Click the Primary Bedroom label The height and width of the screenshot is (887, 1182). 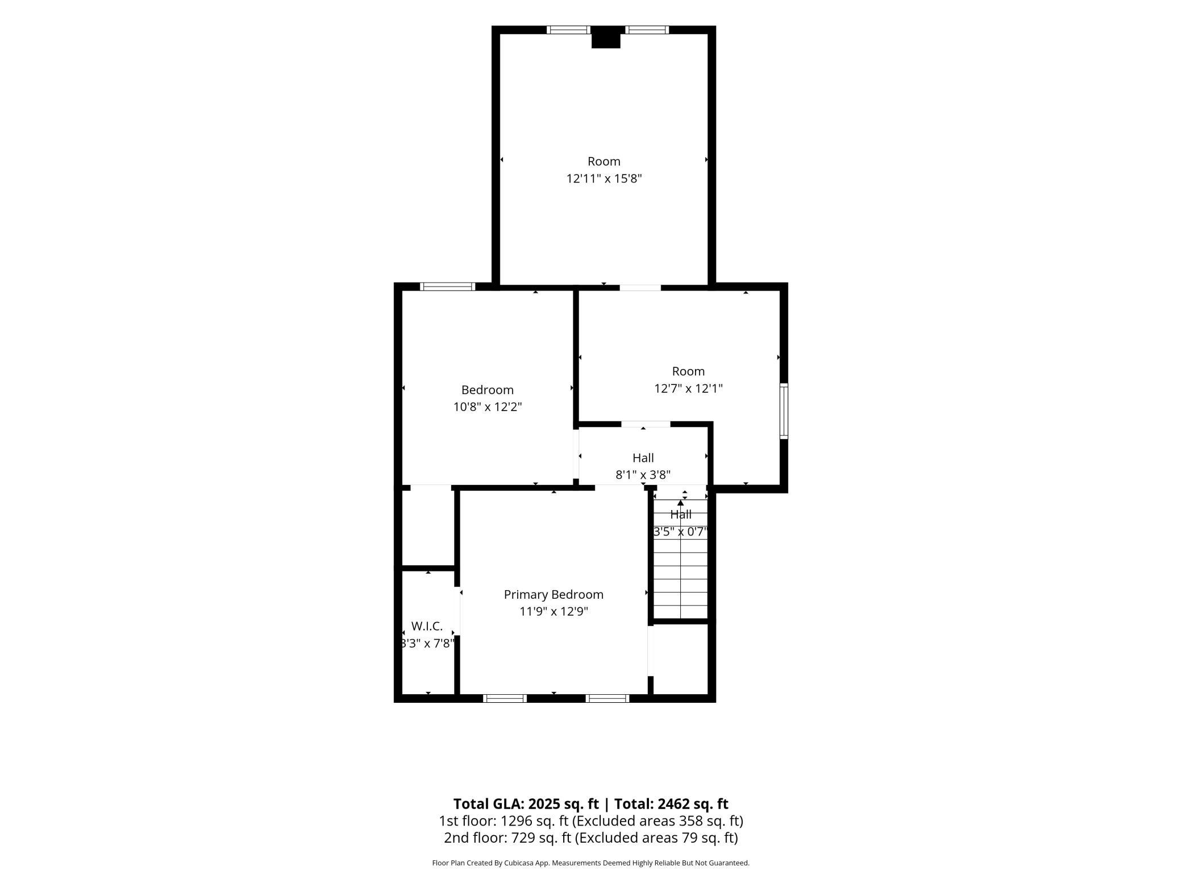pos(553,594)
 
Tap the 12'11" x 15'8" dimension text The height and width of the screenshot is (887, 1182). pos(604,179)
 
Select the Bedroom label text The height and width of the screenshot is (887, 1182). pos(488,389)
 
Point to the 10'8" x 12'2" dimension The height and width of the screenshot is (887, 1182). pos(488,407)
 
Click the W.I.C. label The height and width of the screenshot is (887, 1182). pos(427,626)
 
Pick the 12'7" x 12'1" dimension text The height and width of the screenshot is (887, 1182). pos(688,388)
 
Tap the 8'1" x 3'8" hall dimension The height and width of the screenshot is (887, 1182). pos(643,474)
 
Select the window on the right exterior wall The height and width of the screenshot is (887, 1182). pos(784,411)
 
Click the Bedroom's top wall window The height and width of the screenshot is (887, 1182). pos(447,287)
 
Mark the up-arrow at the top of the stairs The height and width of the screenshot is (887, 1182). pos(681,503)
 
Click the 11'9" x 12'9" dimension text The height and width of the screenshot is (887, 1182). pos(553,611)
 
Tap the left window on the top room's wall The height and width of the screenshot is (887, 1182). pos(569,30)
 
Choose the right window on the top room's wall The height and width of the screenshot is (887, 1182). pos(647,30)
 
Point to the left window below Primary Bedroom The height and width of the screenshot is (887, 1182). pos(505,698)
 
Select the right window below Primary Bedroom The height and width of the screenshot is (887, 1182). pos(607,698)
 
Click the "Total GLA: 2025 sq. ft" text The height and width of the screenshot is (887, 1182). pos(526,804)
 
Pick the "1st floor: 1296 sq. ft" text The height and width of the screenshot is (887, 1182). pos(503,821)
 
